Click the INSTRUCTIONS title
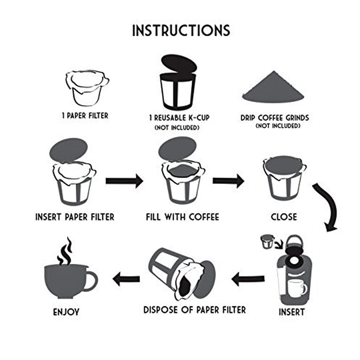coord(181,30)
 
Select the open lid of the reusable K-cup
coord(179,65)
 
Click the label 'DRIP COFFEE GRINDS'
coord(275,118)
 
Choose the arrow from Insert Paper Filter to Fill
coord(124,181)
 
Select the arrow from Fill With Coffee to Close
coord(228,181)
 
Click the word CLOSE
coord(284,217)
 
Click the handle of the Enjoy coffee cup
coord(91,281)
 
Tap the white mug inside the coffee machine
coord(297,288)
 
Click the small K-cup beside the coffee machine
coord(267,242)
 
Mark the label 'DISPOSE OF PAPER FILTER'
coord(195,310)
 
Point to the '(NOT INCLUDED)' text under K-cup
coord(177,128)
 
